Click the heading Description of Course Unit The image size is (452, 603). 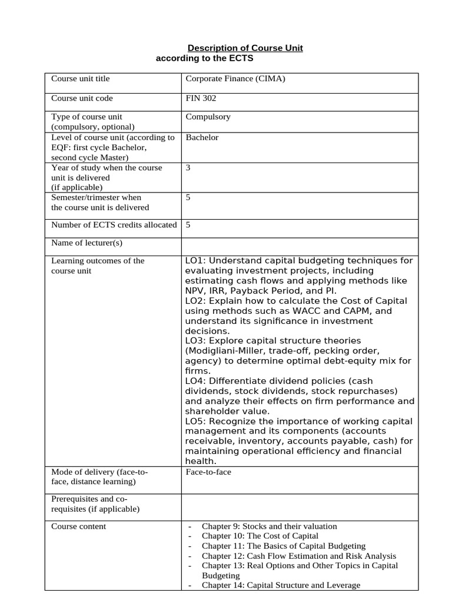tap(245, 48)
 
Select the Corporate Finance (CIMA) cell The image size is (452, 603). tap(235, 78)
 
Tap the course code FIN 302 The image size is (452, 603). tap(201, 98)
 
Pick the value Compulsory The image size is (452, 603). tap(208, 117)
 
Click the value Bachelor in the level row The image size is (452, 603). tap(202, 137)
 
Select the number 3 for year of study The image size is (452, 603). tap(188, 168)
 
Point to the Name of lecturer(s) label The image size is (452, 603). tap(87, 243)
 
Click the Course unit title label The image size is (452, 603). tap(80, 78)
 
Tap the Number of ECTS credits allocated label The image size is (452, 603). tap(114, 224)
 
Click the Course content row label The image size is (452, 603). tap(79, 526)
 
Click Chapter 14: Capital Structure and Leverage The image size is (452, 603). tap(281, 585)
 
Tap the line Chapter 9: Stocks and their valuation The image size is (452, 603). tap(269, 526)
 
